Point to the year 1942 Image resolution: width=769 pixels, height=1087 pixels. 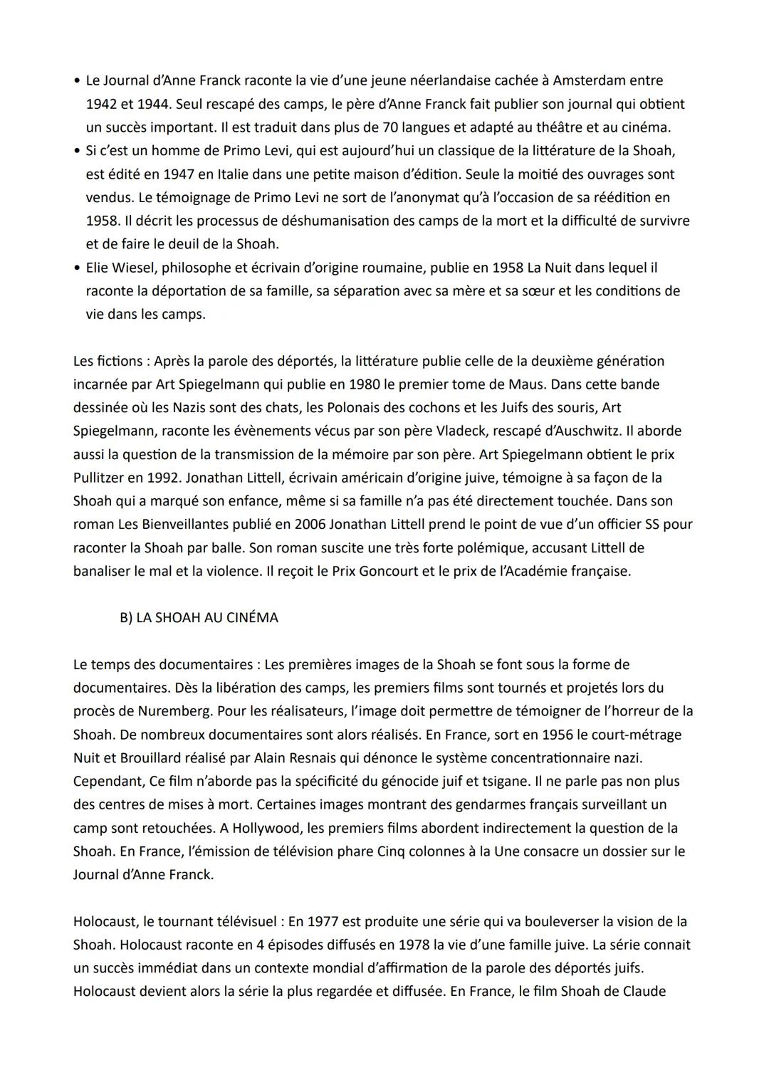102,105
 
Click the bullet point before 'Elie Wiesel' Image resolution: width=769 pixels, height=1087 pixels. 76,268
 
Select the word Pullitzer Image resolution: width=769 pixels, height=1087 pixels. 100,478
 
